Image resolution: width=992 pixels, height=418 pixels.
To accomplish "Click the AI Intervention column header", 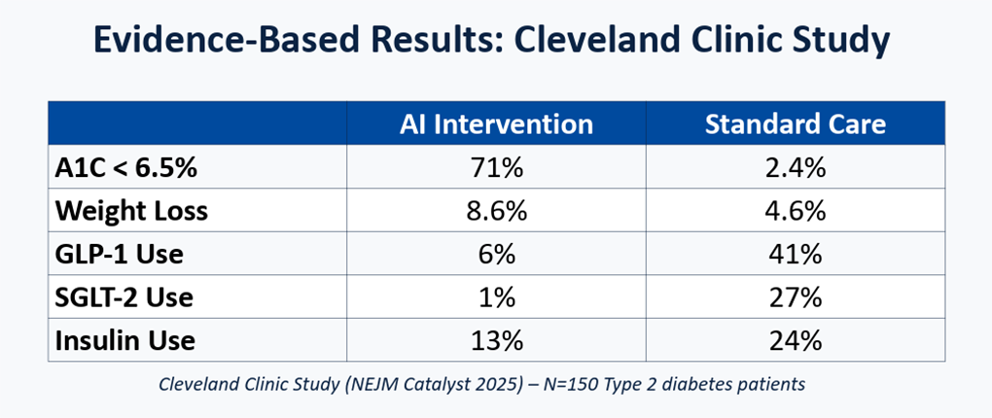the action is tap(496, 124).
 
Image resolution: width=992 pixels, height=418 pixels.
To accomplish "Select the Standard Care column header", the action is tap(796, 124).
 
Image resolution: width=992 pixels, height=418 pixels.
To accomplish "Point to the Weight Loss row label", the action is tap(131, 211).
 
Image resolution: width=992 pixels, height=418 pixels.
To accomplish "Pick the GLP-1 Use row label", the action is tap(119, 255).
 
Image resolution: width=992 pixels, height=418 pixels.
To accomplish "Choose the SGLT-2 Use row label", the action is tap(124, 297).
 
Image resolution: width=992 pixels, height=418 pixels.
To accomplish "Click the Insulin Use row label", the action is tap(125, 341).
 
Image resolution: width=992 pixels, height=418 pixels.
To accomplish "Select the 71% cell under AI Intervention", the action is tap(497, 168).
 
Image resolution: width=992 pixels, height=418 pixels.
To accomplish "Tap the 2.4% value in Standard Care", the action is tap(796, 168).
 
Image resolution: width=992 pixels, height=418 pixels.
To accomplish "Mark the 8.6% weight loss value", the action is tap(497, 211).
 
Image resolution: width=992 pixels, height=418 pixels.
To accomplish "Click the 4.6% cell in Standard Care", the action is tap(796, 211).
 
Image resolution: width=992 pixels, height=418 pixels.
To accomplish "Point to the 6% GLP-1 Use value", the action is tap(497, 255).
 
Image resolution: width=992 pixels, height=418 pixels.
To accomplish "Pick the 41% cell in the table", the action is tap(796, 255).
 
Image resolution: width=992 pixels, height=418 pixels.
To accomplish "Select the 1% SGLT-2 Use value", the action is tap(497, 297).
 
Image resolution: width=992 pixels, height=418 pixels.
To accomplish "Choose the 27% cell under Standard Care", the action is tap(796, 297).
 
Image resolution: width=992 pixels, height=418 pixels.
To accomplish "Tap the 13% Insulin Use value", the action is tap(497, 341).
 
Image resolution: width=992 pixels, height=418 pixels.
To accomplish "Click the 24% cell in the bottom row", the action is tap(796, 341).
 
